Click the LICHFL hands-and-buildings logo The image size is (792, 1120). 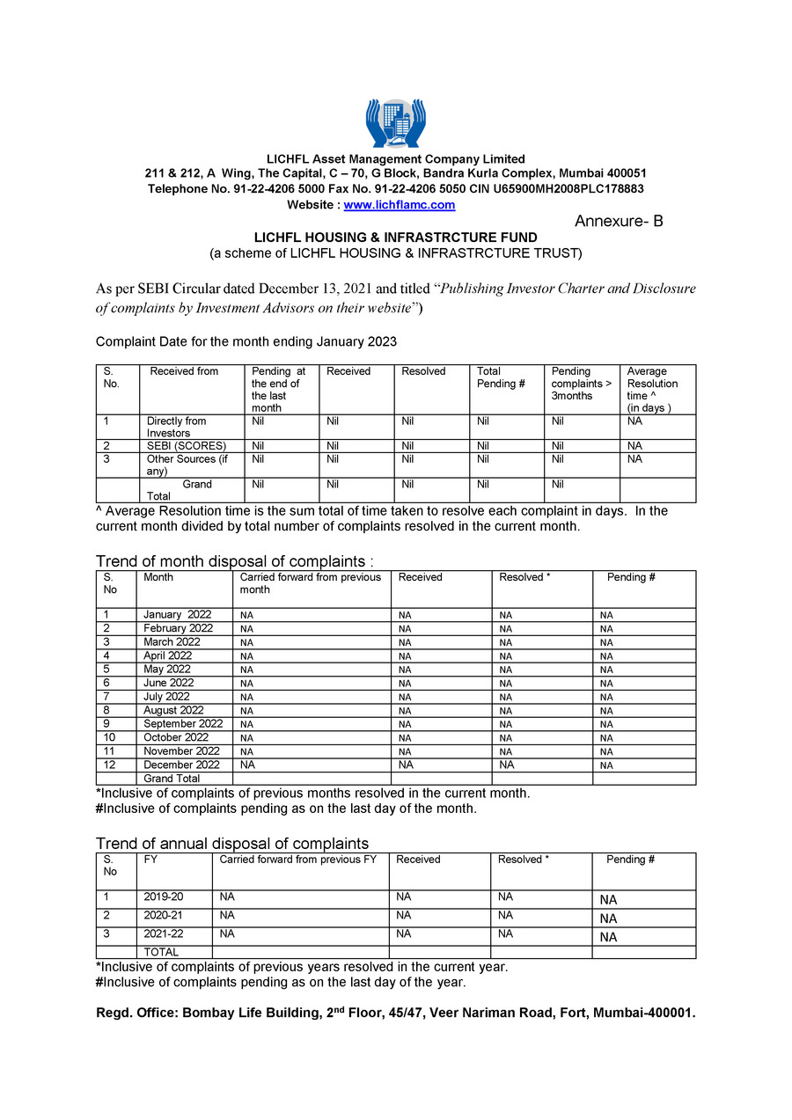(395, 122)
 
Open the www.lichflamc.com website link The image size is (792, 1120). (399, 205)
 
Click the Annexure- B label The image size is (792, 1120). (619, 222)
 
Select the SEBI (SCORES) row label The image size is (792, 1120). (187, 446)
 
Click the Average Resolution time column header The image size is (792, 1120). (652, 389)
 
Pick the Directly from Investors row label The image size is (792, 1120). (176, 427)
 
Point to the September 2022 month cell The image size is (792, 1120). (183, 724)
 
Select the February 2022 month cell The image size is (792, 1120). (178, 628)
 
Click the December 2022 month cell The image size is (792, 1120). (181, 765)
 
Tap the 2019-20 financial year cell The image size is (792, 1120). (164, 897)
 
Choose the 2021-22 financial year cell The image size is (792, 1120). (164, 933)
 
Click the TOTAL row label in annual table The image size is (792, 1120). (161, 952)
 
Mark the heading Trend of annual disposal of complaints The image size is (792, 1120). (232, 844)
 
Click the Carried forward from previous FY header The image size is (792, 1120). (297, 860)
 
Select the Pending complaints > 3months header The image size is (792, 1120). (581, 384)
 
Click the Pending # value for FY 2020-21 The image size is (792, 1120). (608, 919)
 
